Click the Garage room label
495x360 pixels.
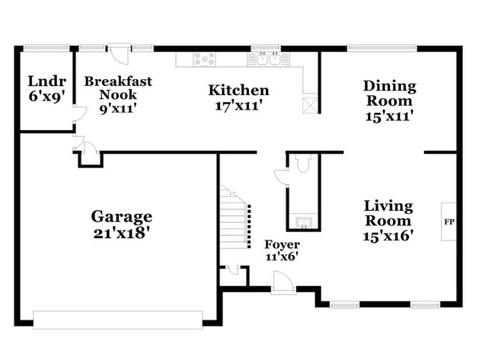[x=122, y=217]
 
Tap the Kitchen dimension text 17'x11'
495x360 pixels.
[x=238, y=105]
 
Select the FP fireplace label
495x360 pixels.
[x=449, y=221]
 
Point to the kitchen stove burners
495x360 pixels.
[x=205, y=59]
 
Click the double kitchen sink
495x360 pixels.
[x=268, y=59]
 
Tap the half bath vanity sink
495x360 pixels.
[x=304, y=222]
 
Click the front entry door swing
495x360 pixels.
[x=283, y=282]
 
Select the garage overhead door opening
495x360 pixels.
[x=118, y=320]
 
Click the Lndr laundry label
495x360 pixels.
[x=47, y=81]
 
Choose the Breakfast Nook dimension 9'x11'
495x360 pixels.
[x=118, y=109]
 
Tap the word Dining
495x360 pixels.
[x=390, y=87]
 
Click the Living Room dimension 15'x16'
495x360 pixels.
[x=388, y=235]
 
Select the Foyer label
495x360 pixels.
[x=282, y=244]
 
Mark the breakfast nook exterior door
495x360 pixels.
[x=120, y=53]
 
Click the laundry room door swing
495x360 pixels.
[x=79, y=113]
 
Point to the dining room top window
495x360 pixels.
[x=382, y=48]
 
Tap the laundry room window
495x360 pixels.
[x=46, y=48]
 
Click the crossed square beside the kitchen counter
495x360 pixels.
[x=310, y=105]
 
